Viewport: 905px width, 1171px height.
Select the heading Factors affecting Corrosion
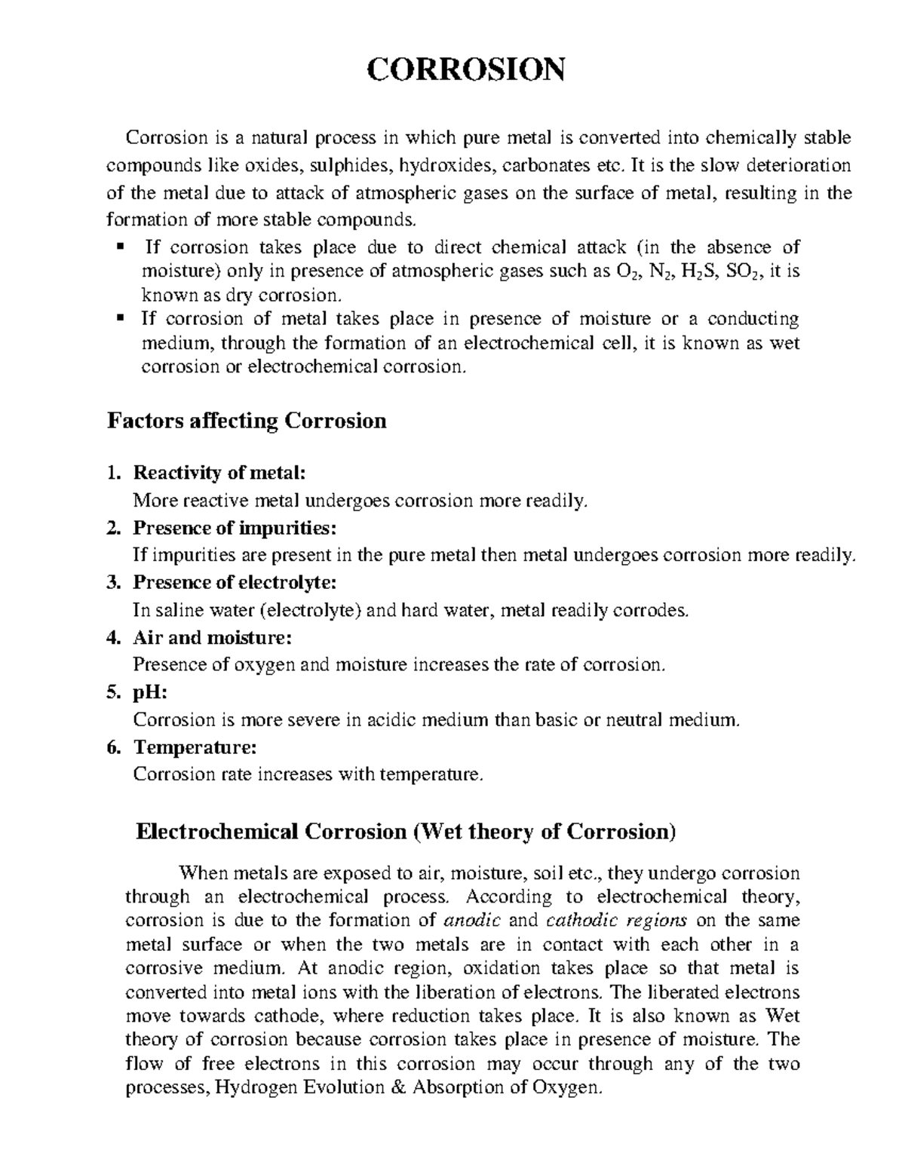pyautogui.click(x=247, y=420)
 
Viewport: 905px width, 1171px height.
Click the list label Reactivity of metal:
pyautogui.click(x=219, y=473)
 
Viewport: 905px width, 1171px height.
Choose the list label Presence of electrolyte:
pyautogui.click(x=235, y=582)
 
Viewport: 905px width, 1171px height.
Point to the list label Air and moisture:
pyautogui.click(x=211, y=637)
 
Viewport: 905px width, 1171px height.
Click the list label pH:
pyautogui.click(x=150, y=692)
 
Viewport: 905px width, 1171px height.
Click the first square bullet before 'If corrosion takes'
pyautogui.click(x=120, y=247)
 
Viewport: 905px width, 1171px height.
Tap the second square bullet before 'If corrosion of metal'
pyautogui.click(x=120, y=318)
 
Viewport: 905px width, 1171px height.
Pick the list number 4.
pyautogui.click(x=113, y=637)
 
